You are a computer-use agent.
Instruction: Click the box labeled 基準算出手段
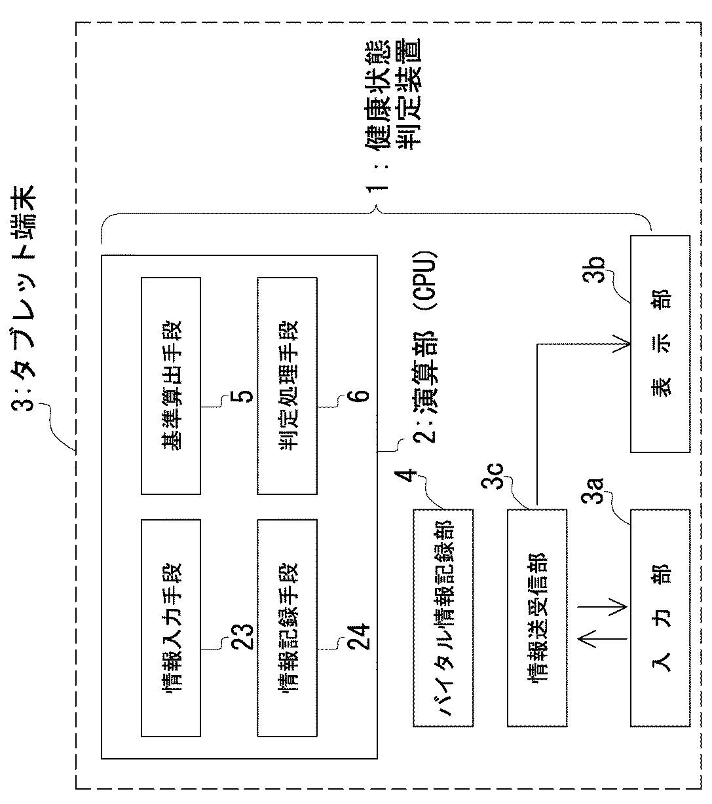click(x=171, y=386)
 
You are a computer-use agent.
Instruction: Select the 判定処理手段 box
click(x=287, y=386)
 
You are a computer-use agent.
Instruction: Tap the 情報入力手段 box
click(x=171, y=627)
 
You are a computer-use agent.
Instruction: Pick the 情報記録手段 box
click(x=287, y=627)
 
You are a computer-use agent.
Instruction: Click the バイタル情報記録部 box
click(x=443, y=617)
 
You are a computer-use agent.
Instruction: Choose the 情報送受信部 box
click(x=537, y=617)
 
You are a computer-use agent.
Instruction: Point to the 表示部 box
click(x=660, y=344)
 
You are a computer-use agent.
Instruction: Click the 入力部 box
click(x=660, y=617)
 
